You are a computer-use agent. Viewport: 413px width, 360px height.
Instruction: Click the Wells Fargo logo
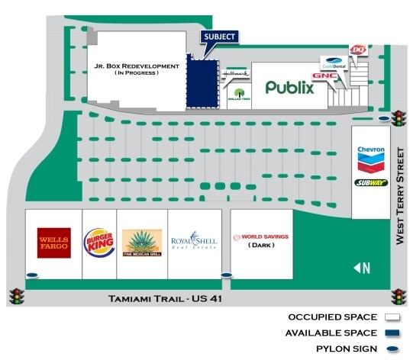coord(54,243)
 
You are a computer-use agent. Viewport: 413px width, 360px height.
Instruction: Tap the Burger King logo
coord(98,243)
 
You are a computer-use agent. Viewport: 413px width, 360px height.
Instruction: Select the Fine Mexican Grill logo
coord(143,243)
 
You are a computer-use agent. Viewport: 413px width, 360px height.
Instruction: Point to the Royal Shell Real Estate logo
coord(194,243)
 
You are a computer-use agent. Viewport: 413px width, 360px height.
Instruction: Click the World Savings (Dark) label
coord(261,241)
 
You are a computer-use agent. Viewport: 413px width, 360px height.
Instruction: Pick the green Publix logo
coord(289,87)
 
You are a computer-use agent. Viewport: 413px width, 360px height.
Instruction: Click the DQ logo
coord(357,50)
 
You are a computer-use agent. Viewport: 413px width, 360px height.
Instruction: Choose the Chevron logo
coord(370,158)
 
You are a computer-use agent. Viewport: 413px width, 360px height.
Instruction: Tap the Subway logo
coord(370,183)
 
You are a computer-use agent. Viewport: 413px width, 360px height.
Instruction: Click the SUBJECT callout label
coord(219,37)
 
